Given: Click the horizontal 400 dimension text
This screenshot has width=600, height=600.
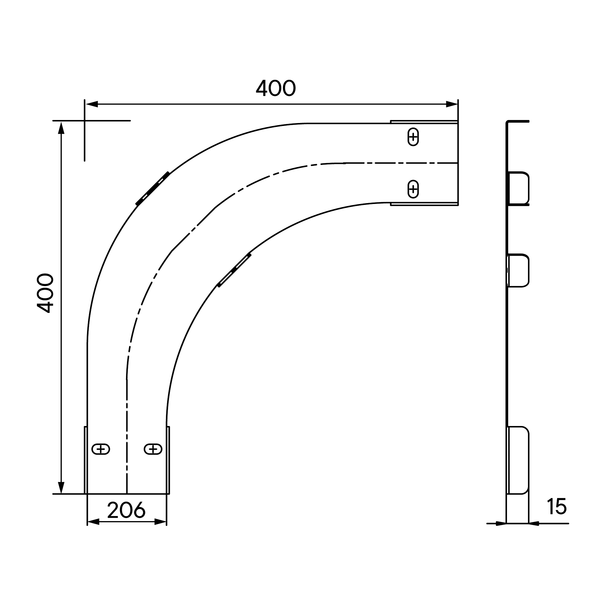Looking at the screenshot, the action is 276,88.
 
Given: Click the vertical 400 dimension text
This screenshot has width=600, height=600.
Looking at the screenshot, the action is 45,293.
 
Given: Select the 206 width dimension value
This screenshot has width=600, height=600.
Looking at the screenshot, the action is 126,510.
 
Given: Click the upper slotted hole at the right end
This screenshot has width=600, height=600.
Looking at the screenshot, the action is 413,136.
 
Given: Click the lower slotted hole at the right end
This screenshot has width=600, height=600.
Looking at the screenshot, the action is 413,189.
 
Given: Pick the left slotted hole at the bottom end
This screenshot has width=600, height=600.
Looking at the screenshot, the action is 101,449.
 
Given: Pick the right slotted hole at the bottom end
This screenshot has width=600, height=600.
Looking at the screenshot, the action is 153,449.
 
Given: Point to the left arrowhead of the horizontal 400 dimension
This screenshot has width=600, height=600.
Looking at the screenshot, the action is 91,104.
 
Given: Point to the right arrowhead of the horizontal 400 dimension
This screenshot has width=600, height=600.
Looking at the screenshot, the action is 452,104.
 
